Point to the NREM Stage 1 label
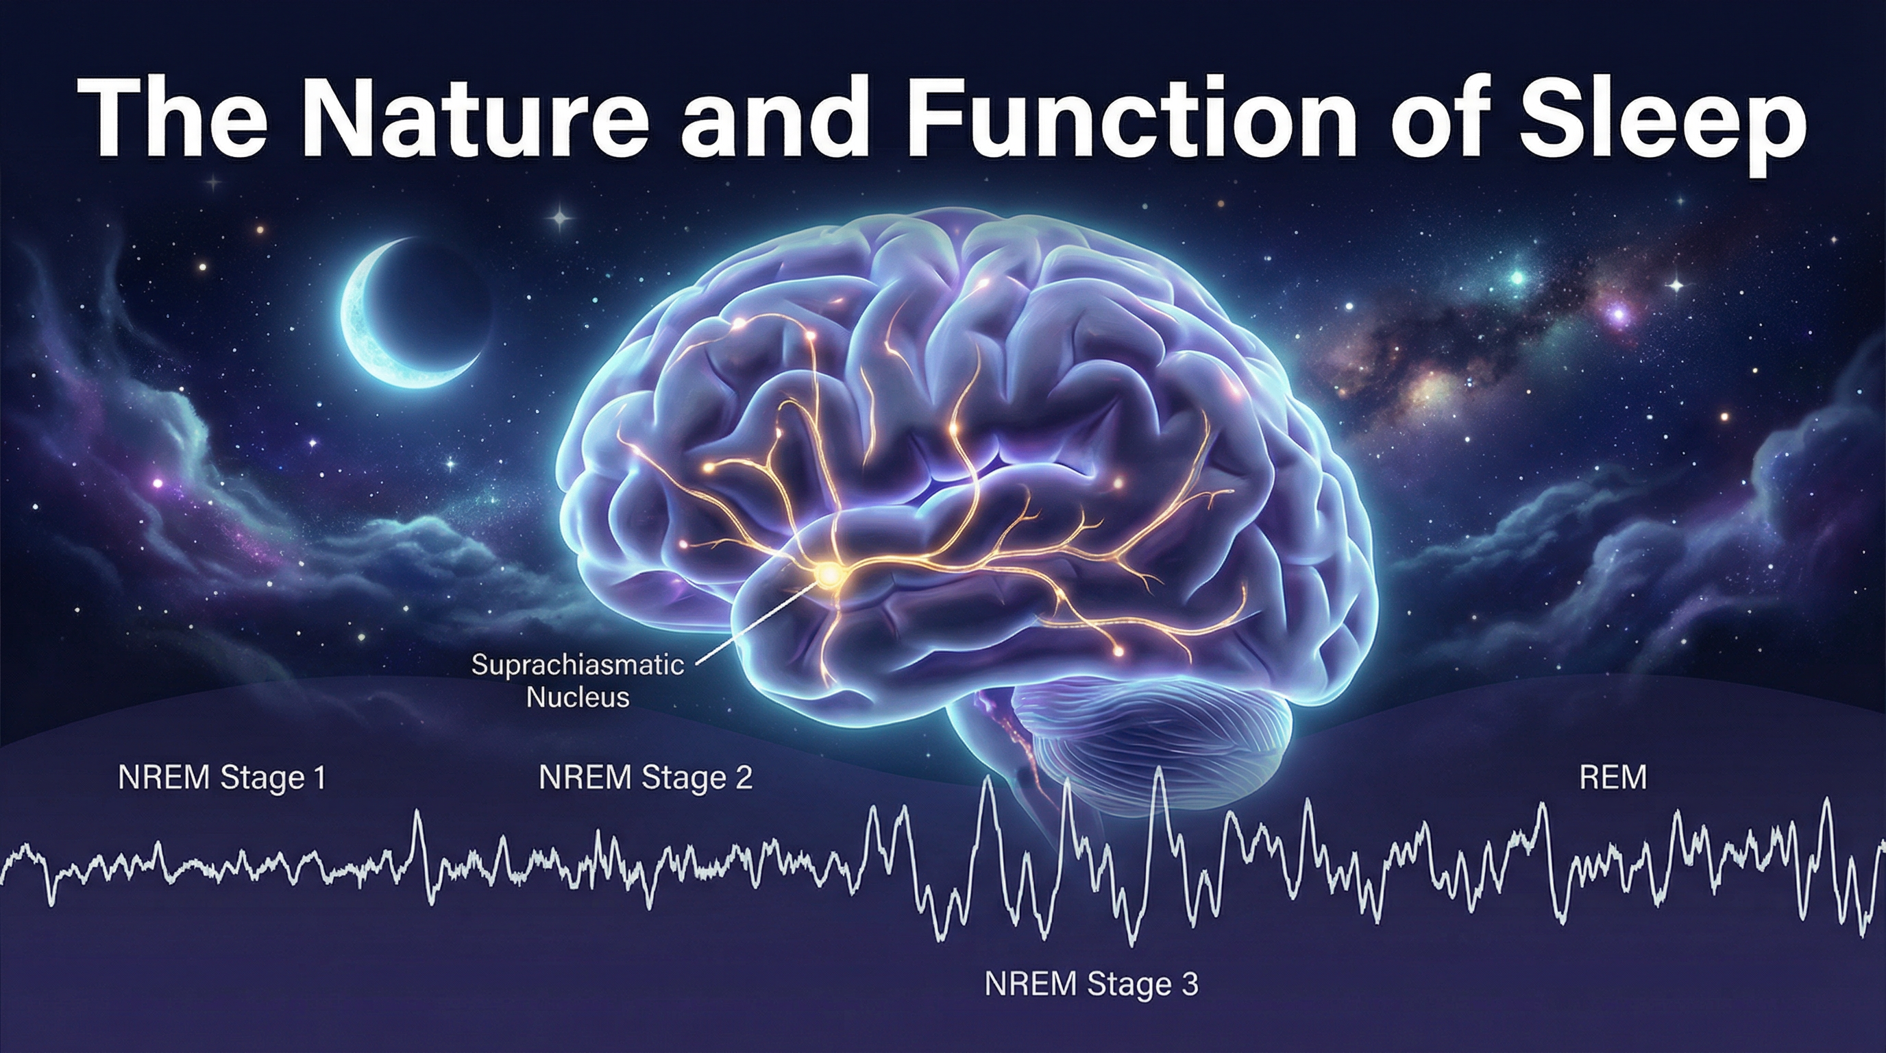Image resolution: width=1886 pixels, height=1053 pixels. coord(221,777)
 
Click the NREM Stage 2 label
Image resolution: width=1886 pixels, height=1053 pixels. coord(645,777)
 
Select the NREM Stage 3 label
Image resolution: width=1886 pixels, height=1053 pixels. coord(1091,984)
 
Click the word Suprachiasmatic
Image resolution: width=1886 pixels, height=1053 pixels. coord(577,665)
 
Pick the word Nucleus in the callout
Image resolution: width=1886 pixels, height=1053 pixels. coord(577,697)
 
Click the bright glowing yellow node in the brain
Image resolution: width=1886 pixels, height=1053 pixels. coord(828,574)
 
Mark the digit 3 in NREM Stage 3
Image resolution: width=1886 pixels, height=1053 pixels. coord(1190,984)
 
